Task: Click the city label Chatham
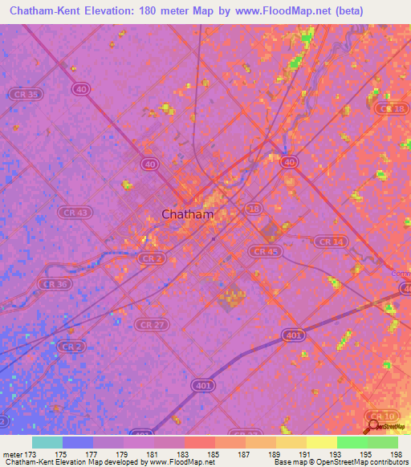click(x=188, y=214)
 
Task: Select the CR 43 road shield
click(x=75, y=213)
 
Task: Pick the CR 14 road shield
click(x=330, y=242)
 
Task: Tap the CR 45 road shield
click(x=264, y=251)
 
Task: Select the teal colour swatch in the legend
click(x=47, y=442)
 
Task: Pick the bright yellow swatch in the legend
click(x=321, y=442)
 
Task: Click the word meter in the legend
click(x=11, y=454)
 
